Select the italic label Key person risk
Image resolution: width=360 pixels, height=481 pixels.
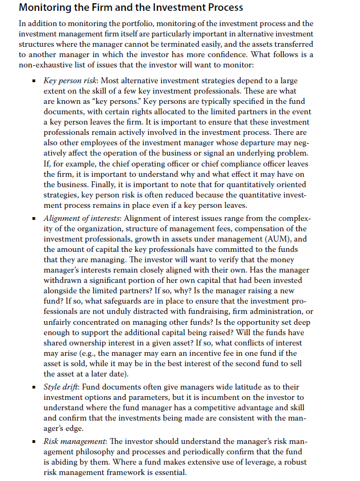tap(70, 80)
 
